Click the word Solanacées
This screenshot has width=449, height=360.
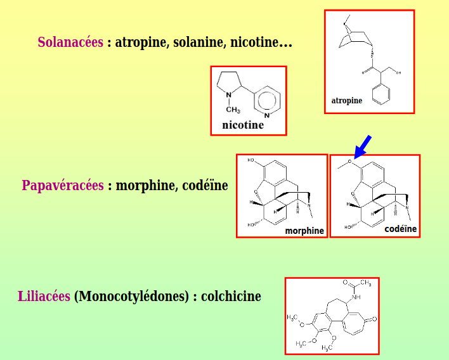click(x=70, y=42)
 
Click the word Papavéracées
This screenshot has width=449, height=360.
click(x=63, y=186)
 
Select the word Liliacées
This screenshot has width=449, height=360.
click(x=44, y=296)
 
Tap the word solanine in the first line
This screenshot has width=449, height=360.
click(x=198, y=42)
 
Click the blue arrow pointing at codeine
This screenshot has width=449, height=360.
click(x=363, y=147)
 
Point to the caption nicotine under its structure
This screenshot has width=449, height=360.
click(x=243, y=125)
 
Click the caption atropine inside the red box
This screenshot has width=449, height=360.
click(x=346, y=101)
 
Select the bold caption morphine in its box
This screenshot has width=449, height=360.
click(x=304, y=231)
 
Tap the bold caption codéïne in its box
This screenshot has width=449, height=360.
click(x=400, y=229)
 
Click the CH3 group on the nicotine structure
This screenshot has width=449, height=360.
click(x=233, y=110)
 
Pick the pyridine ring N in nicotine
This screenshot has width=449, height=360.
click(x=267, y=115)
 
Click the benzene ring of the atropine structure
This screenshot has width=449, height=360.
click(x=381, y=94)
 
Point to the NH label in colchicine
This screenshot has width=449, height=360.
click(x=356, y=297)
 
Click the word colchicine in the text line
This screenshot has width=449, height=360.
click(x=231, y=296)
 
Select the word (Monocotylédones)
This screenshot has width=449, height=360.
click(x=131, y=297)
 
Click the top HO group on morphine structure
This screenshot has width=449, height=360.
click(x=251, y=160)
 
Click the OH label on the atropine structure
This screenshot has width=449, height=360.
click(x=398, y=73)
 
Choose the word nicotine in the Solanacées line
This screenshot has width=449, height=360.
click(x=254, y=42)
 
